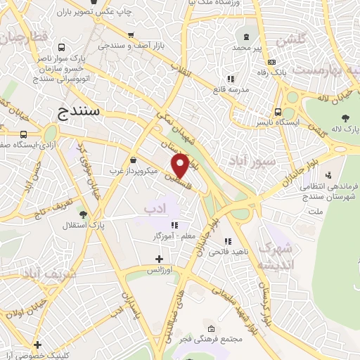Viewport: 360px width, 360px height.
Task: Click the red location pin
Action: (x=181, y=165)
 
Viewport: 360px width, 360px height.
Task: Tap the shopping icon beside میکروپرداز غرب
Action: (x=134, y=159)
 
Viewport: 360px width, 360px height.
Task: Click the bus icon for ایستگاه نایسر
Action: (x=279, y=111)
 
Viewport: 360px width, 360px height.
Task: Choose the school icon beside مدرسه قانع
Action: (x=230, y=79)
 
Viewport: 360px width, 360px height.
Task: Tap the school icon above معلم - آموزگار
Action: (x=174, y=225)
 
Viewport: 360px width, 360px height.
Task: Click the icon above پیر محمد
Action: (x=246, y=37)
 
